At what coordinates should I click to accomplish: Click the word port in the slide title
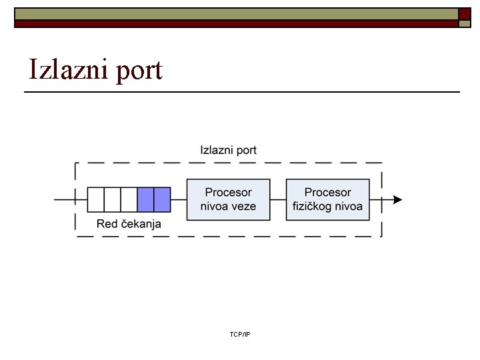(138, 71)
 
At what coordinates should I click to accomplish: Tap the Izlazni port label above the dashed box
(229, 151)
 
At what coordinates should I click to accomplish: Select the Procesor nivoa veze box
(228, 199)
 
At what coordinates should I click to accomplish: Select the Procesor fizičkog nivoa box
(328, 199)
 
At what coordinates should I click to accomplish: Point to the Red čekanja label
(129, 224)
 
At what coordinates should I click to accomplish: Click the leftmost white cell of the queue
(96, 199)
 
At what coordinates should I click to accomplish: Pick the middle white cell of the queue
(113, 199)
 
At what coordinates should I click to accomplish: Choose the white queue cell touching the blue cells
(129, 199)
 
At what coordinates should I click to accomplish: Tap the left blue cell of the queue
(145, 199)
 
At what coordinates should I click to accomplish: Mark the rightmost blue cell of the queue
(162, 199)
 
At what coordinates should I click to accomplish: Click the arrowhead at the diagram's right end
(397, 199)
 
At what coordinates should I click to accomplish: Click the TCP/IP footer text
(239, 333)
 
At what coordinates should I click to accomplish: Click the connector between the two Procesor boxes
(279, 199)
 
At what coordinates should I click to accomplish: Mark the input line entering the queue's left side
(71, 199)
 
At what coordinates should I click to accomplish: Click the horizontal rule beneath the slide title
(242, 91)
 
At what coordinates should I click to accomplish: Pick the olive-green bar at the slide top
(237, 13)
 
